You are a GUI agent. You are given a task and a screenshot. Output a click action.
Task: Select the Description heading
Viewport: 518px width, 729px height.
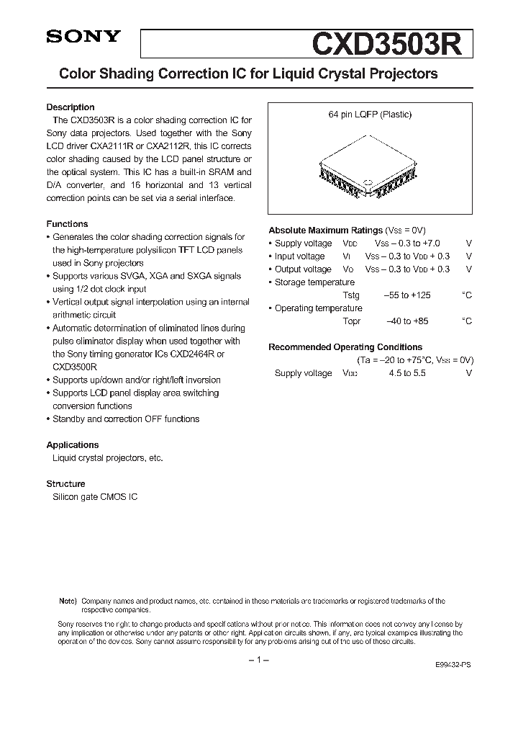click(x=71, y=107)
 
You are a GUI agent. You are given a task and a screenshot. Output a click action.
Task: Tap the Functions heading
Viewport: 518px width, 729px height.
click(x=67, y=224)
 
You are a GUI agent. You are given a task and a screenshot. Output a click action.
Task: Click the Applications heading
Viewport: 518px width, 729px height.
click(x=73, y=445)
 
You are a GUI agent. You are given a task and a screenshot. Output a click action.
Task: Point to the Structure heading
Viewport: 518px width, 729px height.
click(x=65, y=484)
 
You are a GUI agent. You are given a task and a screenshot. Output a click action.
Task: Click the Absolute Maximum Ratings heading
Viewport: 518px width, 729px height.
click(x=325, y=231)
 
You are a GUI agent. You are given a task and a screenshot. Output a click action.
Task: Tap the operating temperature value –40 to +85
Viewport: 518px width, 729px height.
click(x=407, y=321)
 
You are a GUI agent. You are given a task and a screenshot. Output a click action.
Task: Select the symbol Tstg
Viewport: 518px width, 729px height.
click(x=351, y=295)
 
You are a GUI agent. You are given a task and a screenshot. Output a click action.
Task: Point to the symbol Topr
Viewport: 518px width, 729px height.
click(x=352, y=321)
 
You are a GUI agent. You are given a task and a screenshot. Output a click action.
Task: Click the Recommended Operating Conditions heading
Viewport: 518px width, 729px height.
click(x=345, y=347)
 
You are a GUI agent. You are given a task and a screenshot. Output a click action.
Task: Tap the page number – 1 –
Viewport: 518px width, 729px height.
click(x=258, y=661)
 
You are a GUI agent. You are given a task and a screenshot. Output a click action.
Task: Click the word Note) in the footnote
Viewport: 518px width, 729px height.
click(x=67, y=601)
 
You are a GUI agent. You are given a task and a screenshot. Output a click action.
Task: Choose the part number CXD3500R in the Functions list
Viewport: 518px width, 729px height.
click(x=75, y=367)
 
